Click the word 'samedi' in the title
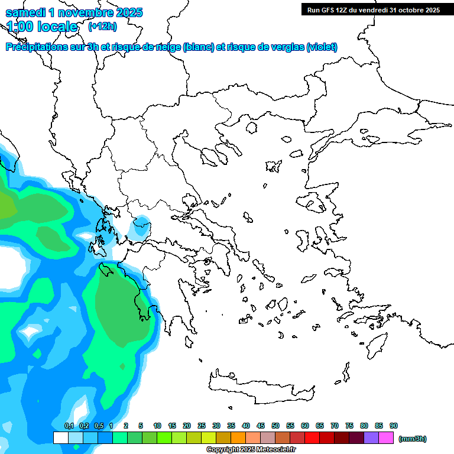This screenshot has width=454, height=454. click(x=24, y=12)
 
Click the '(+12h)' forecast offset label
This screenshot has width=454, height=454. click(x=102, y=27)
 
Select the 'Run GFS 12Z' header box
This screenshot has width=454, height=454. click(x=373, y=9)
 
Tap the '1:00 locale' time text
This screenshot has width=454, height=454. click(x=41, y=27)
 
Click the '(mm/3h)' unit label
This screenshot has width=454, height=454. click(x=413, y=439)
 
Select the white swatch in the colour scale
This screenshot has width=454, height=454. click(x=60, y=437)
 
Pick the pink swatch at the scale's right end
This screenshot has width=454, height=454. click(x=386, y=437)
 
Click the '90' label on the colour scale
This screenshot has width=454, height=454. click(x=394, y=426)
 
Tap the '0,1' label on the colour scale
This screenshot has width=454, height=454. click(x=69, y=426)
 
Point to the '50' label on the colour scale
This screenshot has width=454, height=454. click(x=275, y=426)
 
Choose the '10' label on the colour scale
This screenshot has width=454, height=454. click(x=157, y=426)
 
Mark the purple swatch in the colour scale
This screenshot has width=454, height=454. click(x=371, y=437)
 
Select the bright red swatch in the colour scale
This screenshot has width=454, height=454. click(x=312, y=437)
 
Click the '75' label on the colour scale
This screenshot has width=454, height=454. click(x=349, y=426)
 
